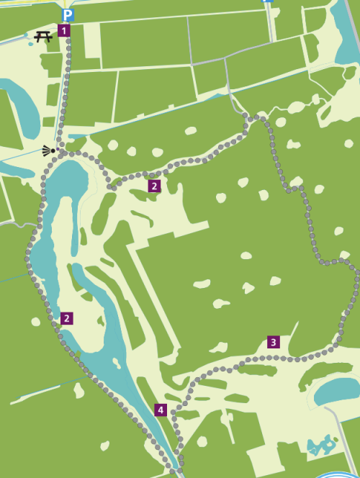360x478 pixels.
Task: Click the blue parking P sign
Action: click(68, 14)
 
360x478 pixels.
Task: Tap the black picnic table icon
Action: click(43, 36)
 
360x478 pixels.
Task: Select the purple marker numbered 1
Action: click(63, 30)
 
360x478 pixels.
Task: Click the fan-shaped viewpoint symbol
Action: click(48, 150)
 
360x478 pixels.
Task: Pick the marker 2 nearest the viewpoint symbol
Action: click(153, 186)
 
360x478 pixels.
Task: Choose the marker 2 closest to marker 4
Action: click(66, 318)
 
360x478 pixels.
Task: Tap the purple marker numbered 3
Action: click(273, 342)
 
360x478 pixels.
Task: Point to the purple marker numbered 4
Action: click(160, 410)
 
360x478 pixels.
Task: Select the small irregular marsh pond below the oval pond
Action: click(321, 446)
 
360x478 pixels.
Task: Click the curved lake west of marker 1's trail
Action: click(22, 108)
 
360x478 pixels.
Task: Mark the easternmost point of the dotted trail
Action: click(358, 277)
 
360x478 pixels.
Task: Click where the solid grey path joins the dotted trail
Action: click(246, 116)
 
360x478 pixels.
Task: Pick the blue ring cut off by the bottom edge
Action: click(334, 474)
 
